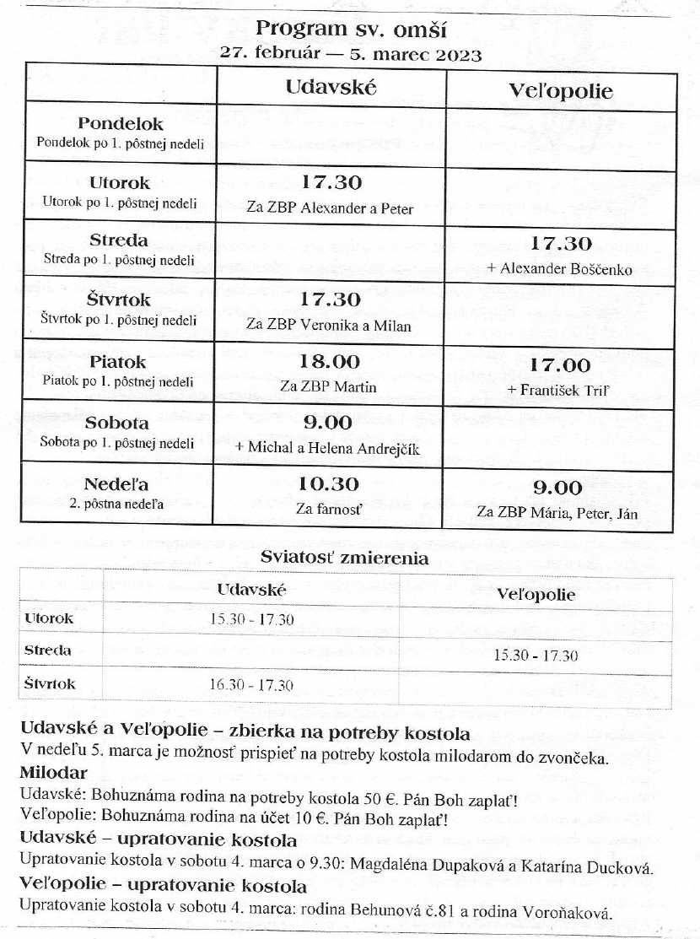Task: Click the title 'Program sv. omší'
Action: click(350, 30)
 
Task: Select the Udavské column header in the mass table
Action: click(331, 86)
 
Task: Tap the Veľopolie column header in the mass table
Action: click(561, 91)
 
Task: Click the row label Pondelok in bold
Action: click(121, 125)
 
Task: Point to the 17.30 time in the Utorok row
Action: click(331, 182)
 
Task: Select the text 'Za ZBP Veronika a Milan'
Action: click(329, 325)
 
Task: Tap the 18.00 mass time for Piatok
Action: click(331, 362)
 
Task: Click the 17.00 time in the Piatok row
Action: click(560, 365)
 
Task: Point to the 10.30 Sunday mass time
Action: click(330, 484)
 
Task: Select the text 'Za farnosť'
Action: click(329, 509)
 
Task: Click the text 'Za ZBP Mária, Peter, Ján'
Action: click(557, 512)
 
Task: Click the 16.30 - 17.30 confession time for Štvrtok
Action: click(251, 685)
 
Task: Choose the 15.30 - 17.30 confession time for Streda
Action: click(536, 656)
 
